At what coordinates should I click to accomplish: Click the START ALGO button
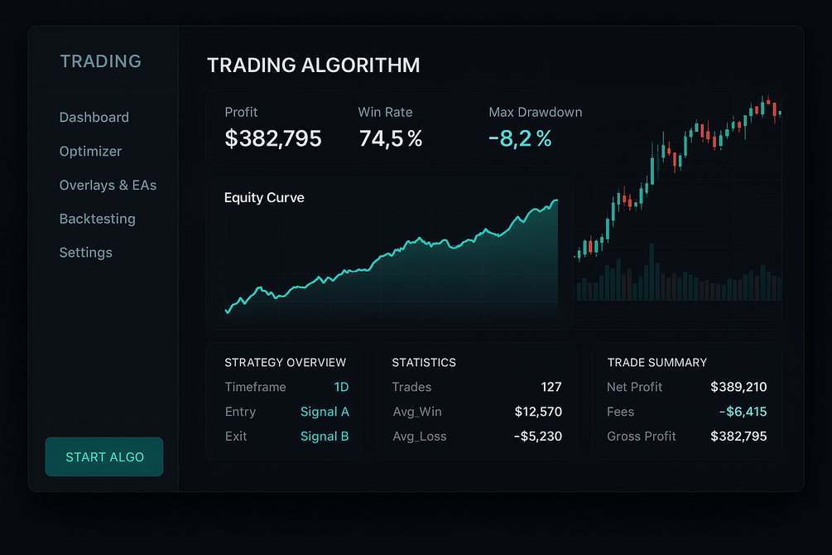(104, 457)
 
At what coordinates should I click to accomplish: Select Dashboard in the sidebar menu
(94, 118)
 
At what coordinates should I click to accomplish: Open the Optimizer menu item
(90, 152)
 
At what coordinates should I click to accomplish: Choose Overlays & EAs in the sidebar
(108, 186)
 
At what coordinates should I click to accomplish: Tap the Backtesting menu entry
(97, 220)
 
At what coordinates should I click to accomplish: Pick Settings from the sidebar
(85, 253)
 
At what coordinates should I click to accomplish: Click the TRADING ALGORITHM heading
(313, 65)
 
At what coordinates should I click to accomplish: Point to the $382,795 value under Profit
(273, 138)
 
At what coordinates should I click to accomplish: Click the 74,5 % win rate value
(390, 138)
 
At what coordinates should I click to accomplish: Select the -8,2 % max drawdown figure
(520, 138)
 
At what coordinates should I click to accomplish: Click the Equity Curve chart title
(264, 198)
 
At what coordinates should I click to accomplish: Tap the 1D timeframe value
(341, 387)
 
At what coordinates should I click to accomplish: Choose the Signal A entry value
(325, 412)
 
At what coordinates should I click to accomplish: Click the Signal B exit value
(325, 437)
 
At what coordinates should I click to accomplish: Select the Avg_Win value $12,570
(537, 412)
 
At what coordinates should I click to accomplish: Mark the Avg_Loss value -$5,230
(537, 437)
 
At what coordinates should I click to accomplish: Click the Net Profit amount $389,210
(738, 387)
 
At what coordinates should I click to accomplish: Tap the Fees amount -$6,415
(743, 412)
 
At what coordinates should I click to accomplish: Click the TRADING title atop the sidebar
(101, 61)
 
